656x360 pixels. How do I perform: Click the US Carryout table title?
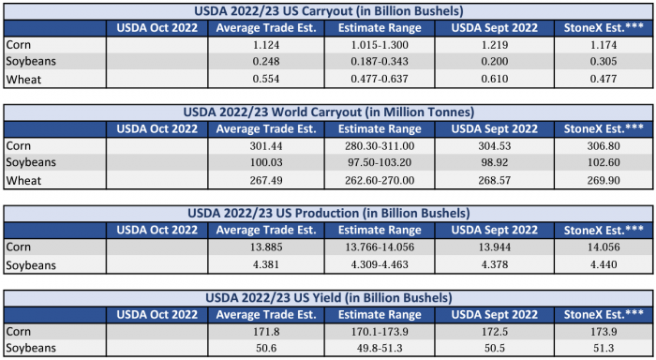pos(328,11)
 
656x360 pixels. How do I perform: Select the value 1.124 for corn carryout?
pos(266,45)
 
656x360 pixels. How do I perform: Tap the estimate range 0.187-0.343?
pos(380,61)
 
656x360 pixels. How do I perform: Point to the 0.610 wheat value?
pos(495,79)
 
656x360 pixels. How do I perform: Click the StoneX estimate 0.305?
pos(604,61)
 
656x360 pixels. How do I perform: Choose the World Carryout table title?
pos(328,112)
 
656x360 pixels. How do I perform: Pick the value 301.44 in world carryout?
pos(266,146)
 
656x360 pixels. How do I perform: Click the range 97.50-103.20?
pos(380,162)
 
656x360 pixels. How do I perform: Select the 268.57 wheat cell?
pos(495,180)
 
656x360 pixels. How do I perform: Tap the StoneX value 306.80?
pos(604,146)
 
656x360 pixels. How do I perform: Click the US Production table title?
pos(328,214)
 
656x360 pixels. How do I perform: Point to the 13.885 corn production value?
pos(266,247)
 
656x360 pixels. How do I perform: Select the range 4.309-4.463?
pos(380,264)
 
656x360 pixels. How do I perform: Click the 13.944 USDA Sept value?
pos(495,247)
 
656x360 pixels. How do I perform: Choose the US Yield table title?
pos(328,298)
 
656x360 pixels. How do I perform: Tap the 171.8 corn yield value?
pos(266,332)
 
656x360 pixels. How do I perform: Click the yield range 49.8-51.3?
pos(380,348)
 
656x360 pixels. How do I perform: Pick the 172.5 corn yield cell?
pos(495,332)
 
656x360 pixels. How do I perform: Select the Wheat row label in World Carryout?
pos(23,181)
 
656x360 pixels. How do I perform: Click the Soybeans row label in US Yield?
pos(31,348)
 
